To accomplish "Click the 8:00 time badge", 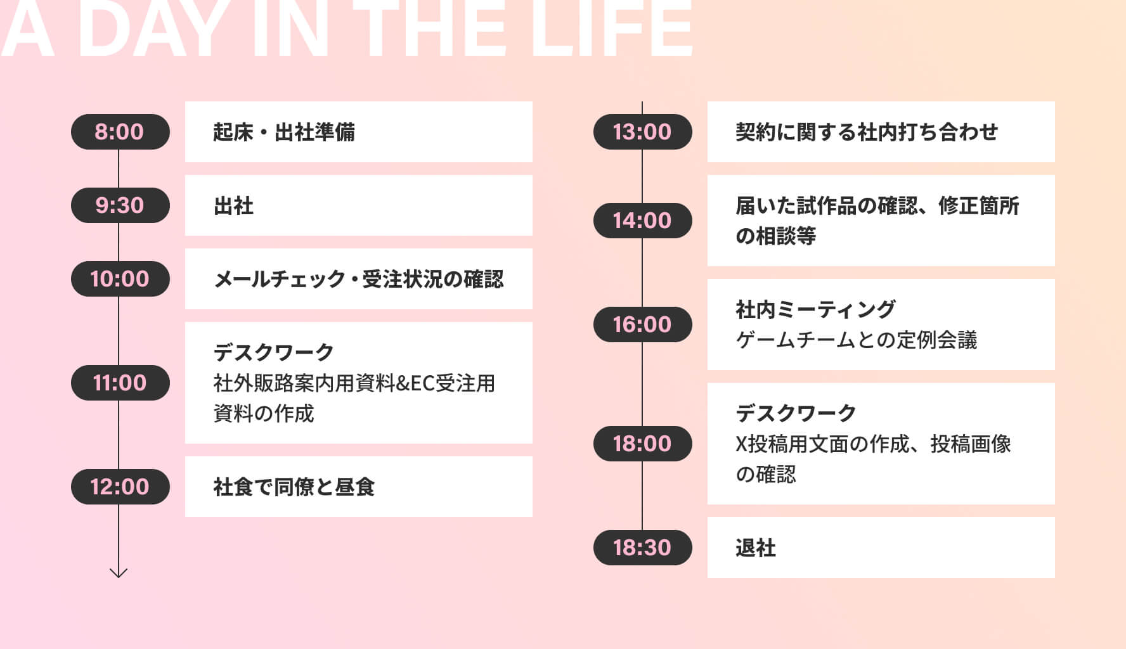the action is pos(120,132).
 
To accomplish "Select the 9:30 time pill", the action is pos(120,205).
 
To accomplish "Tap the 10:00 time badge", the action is pos(120,279).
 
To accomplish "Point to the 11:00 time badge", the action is pos(120,383).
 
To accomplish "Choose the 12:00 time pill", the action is pos(120,487).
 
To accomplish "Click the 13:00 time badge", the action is pos(642,132).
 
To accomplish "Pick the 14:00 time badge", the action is pos(642,221).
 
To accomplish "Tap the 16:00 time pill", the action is pos(642,324).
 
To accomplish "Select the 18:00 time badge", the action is pos(642,444).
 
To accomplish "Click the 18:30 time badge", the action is pos(642,548).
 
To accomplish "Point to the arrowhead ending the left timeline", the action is pos(119,577).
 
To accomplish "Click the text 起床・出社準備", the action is pos(284,132).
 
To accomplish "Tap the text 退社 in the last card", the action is pos(756,548).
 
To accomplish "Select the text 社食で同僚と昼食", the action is pos(294,487).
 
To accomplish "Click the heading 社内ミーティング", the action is pos(815,309).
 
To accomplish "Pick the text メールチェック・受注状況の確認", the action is pos(359,279).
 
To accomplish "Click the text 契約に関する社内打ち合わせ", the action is pos(867,132).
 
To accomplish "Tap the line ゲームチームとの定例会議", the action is pos(857,340).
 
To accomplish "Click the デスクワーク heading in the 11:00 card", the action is pos(274,352).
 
